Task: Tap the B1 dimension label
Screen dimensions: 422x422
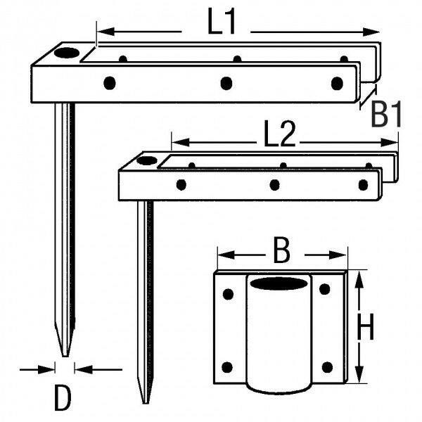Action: click(386, 114)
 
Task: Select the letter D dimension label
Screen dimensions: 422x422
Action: click(63, 399)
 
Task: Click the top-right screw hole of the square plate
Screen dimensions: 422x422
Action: click(325, 288)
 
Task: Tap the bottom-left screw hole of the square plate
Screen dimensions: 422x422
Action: click(227, 366)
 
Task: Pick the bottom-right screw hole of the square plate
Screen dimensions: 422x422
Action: click(327, 366)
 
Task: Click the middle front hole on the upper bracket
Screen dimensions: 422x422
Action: click(226, 84)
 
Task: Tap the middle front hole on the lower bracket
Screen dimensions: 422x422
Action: click(275, 185)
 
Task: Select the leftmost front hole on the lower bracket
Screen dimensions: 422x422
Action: click(181, 185)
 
